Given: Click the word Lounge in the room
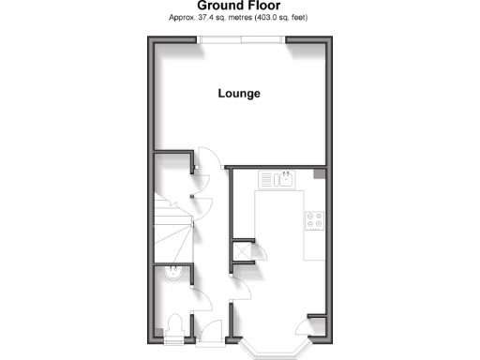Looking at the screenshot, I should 239,94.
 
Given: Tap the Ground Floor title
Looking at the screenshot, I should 240,6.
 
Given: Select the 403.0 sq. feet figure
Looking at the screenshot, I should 280,18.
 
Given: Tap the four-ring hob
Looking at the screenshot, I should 315,221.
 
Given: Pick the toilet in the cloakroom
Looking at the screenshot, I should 173,324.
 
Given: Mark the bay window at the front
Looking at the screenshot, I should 270,349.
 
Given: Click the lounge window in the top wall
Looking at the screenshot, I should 241,39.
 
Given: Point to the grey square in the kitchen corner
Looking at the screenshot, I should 321,174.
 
